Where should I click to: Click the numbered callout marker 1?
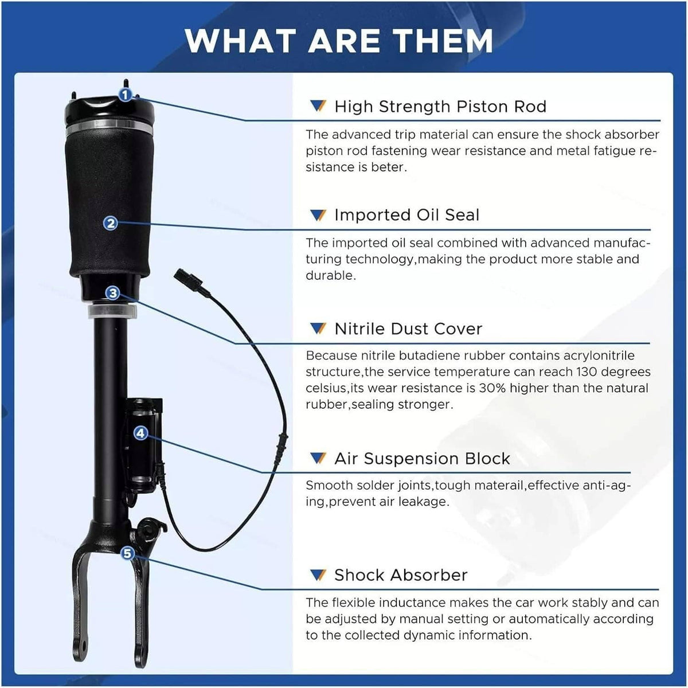click(x=125, y=95)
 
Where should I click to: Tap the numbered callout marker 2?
click(x=111, y=224)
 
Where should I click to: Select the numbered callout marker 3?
click(x=113, y=293)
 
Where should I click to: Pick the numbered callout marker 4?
click(x=140, y=433)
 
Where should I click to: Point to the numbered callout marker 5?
click(x=127, y=553)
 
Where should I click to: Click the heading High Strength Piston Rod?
click(x=440, y=107)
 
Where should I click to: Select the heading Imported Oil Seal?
click(x=406, y=215)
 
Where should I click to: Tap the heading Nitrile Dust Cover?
click(x=408, y=329)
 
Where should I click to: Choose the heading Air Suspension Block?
click(x=422, y=459)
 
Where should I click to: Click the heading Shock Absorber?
click(x=401, y=575)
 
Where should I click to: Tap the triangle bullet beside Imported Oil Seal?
click(x=318, y=215)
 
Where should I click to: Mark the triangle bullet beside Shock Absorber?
click(x=318, y=575)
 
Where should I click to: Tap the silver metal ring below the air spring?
click(x=112, y=311)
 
